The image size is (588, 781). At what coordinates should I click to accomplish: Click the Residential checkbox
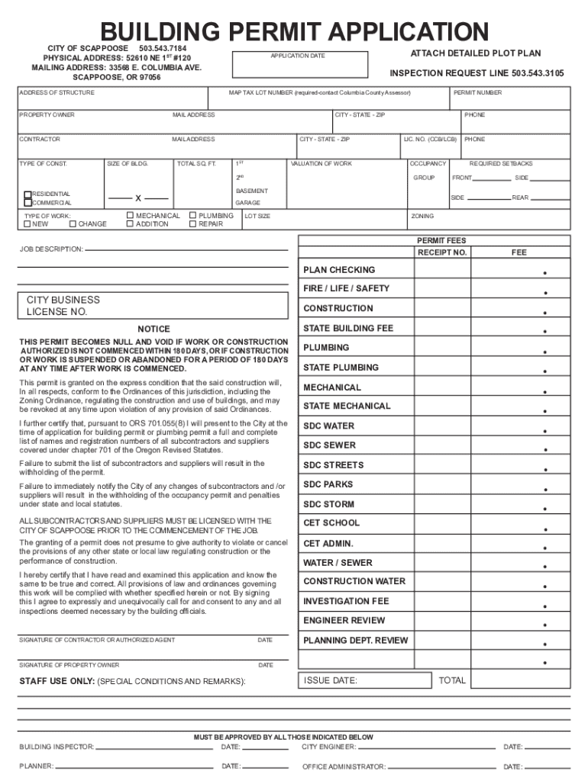coord(28,194)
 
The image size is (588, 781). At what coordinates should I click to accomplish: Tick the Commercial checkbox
coord(28,203)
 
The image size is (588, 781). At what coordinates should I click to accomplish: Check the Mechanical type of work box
coord(129,216)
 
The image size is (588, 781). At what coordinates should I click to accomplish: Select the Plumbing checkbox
coord(192,216)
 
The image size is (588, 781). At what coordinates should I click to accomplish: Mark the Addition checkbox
coord(129,224)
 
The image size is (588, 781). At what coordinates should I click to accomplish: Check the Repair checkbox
coord(192,224)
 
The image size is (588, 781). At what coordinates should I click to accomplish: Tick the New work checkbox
coord(27,224)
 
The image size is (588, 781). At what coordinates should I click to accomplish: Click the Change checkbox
coord(73,224)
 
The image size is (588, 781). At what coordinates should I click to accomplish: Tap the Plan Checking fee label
coord(339,270)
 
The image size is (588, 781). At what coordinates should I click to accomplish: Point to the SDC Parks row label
coord(328,484)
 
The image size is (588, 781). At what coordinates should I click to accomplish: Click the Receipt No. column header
coord(441,252)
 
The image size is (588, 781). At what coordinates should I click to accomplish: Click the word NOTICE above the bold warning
coord(153,329)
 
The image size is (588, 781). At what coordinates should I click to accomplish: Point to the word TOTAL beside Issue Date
coord(452,680)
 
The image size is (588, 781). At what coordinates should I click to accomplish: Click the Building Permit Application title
coord(294,32)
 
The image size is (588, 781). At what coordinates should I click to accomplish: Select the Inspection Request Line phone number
coord(538,73)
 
